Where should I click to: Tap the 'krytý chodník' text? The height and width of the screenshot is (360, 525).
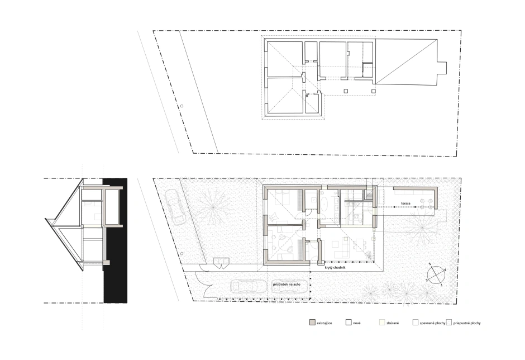pyautogui.click(x=335, y=268)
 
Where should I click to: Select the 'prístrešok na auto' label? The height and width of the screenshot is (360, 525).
pyautogui.click(x=287, y=284)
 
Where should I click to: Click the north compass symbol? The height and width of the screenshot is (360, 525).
pyautogui.click(x=436, y=274)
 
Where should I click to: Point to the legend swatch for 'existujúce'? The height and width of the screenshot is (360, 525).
pyautogui.click(x=312, y=323)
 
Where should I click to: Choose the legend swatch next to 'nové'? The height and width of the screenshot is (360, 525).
pyautogui.click(x=349, y=323)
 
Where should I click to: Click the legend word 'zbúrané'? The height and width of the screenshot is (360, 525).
pyautogui.click(x=393, y=323)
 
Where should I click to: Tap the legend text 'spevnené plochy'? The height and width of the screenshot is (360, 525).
pyautogui.click(x=433, y=323)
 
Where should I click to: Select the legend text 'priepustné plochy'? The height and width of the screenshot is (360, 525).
pyautogui.click(x=467, y=323)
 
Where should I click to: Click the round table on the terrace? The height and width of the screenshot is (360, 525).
pyautogui.click(x=426, y=204)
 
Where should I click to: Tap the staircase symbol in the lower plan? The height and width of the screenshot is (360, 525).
pyautogui.click(x=369, y=195)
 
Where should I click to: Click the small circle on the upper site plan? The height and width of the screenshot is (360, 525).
pyautogui.click(x=182, y=106)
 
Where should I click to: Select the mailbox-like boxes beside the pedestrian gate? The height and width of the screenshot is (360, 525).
pyautogui.click(x=222, y=263)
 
